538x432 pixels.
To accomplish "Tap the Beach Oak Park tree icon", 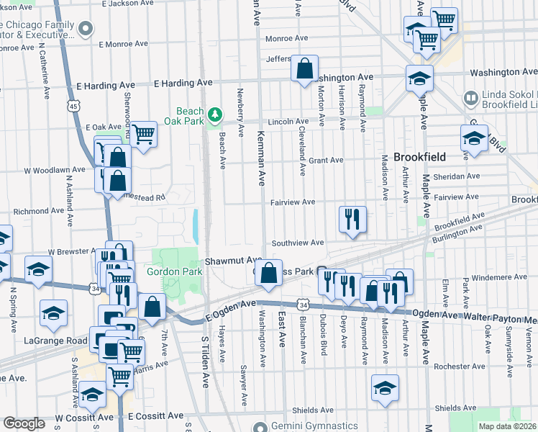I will [214, 114].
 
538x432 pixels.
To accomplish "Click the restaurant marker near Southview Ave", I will [352, 219].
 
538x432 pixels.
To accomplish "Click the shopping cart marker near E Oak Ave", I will [144, 133].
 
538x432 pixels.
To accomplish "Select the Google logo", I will [24, 423].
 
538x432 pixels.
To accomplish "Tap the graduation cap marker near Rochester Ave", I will [385, 387].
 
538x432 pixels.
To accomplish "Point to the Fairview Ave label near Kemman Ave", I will [293, 203].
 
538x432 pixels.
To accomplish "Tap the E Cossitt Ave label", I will [156, 416].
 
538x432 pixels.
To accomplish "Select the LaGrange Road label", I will [54, 341].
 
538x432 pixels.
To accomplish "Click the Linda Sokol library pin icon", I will [471, 97].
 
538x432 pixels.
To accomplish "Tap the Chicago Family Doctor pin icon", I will [86, 30].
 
